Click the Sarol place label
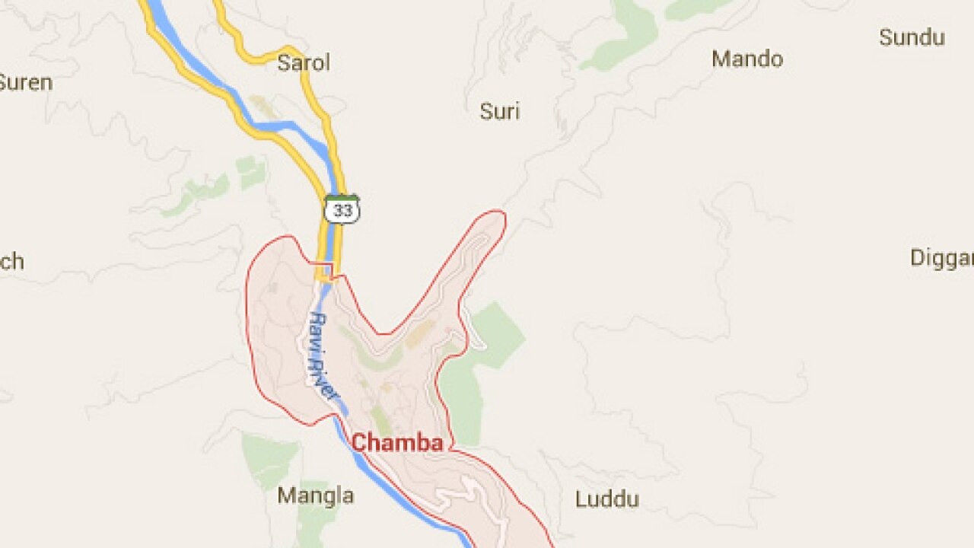[x=304, y=62]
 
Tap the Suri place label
[x=499, y=112]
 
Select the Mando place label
[x=747, y=59]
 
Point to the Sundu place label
[x=912, y=37]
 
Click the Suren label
[x=25, y=82]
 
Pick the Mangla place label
[x=315, y=496]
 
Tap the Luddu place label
[x=606, y=500]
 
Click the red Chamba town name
[x=396, y=443]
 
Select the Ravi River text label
[x=323, y=356]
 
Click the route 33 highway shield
[x=342, y=210]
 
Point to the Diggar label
[x=942, y=258]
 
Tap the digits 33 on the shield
[x=342, y=212]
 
